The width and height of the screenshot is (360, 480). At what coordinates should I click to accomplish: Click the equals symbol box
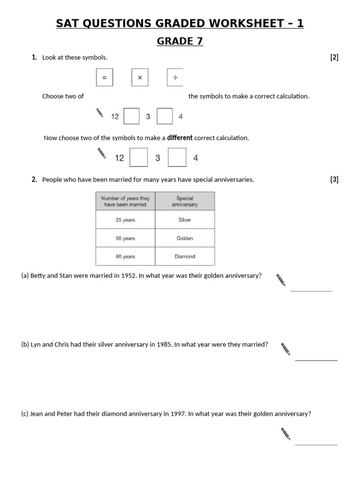105,78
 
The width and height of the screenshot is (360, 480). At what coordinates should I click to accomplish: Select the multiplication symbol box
140,78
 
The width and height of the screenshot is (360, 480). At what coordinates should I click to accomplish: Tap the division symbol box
175,78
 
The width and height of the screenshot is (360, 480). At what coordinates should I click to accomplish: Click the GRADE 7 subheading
180,41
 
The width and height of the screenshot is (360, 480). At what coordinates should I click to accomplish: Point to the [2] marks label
334,58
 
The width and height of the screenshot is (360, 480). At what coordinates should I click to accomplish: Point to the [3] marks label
334,180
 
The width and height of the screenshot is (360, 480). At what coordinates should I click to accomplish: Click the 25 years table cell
125,220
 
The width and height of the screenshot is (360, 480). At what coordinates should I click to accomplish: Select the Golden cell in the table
185,238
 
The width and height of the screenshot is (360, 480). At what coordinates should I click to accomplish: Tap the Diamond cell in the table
185,256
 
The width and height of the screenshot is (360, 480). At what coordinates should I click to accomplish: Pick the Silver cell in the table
185,220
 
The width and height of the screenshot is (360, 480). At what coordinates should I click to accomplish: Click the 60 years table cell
125,256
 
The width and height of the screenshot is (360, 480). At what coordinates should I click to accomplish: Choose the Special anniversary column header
185,201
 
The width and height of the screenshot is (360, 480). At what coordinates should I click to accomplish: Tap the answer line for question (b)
316,360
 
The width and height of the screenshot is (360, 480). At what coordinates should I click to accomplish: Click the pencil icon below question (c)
285,434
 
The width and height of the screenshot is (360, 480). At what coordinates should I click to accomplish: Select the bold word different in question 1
180,138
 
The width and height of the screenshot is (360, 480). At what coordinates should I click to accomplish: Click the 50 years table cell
125,238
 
